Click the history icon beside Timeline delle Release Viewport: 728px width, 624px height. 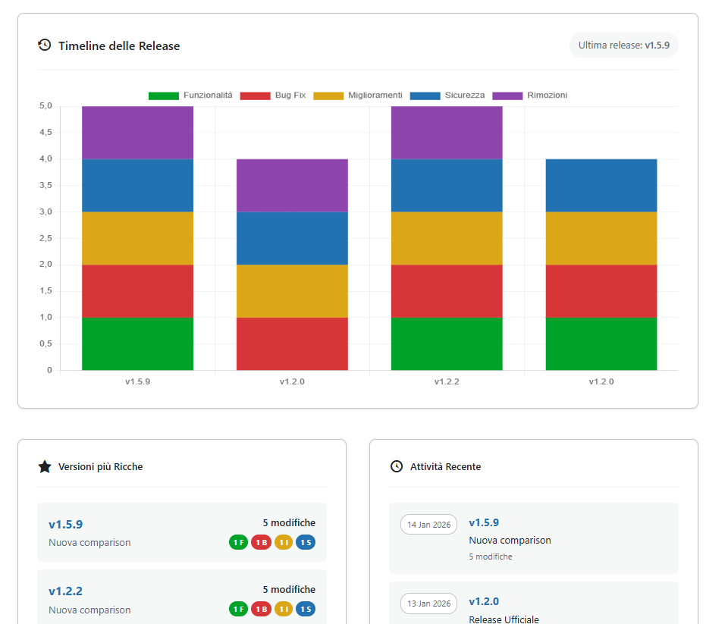[45, 45]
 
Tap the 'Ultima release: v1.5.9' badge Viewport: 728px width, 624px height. [623, 45]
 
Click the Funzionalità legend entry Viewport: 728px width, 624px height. [191, 96]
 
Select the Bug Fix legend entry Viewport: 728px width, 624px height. [274, 96]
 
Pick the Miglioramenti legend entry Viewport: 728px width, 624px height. [358, 96]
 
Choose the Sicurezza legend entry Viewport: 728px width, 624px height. [447, 96]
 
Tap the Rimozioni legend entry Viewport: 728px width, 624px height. [530, 96]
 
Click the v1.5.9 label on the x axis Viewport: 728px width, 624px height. [137, 382]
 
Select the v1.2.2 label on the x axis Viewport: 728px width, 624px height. [447, 382]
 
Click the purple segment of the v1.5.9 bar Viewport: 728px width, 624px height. [137, 133]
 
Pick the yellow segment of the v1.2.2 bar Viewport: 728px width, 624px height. [447, 238]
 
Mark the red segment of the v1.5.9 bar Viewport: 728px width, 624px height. [137, 291]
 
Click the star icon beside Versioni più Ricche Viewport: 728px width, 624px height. [45, 467]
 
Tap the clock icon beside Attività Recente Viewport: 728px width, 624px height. [397, 467]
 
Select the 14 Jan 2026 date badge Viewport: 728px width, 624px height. [428, 525]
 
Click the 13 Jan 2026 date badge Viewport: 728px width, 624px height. [428, 604]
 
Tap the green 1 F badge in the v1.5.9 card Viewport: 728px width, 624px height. [238, 542]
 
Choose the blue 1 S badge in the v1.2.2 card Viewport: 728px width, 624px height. [306, 609]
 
